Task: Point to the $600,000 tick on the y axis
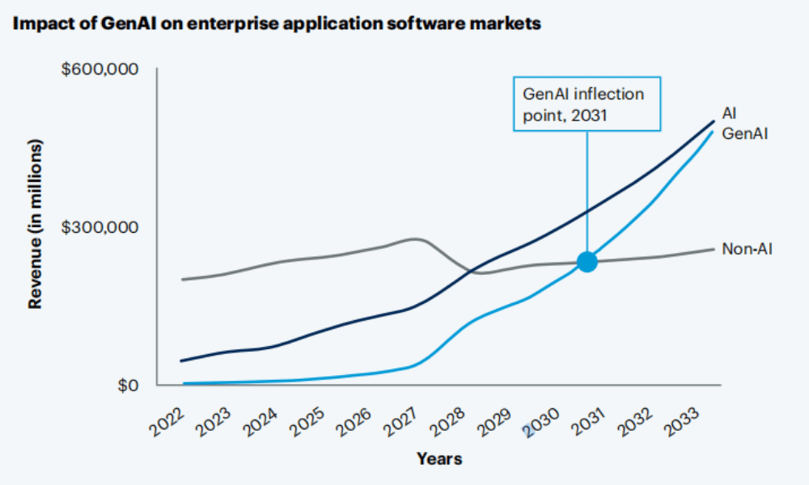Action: tap(101, 70)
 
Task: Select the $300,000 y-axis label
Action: tap(101, 226)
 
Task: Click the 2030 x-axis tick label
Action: tap(540, 420)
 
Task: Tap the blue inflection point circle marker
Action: tap(587, 262)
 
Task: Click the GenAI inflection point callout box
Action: tap(587, 104)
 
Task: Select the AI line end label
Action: tap(729, 113)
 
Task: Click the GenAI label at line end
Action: tap(744, 132)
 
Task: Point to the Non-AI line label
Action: tap(747, 249)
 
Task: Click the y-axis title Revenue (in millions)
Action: tap(35, 223)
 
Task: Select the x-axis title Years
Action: tap(439, 459)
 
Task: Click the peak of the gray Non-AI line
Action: tap(415, 238)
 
